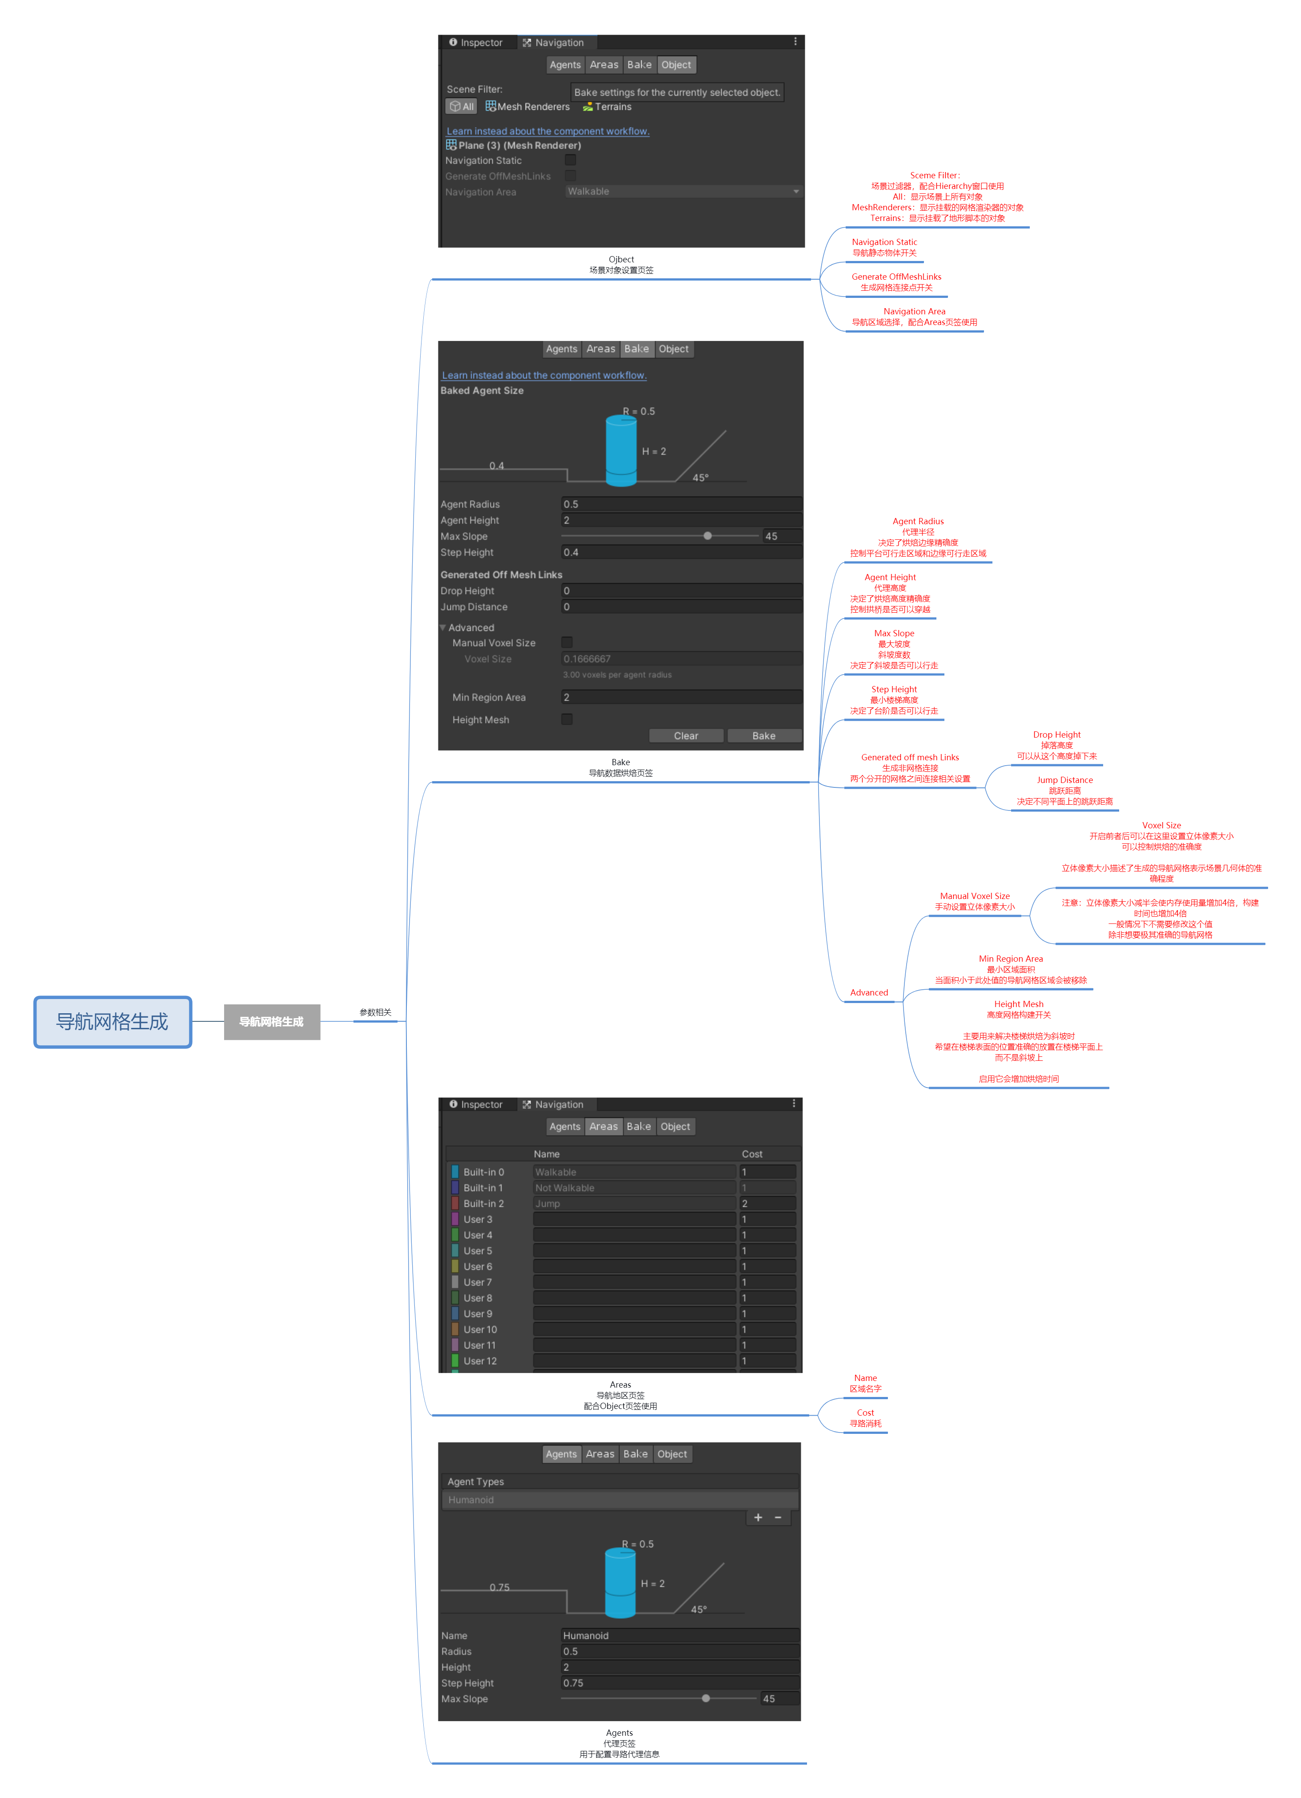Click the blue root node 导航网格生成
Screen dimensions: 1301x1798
112,1021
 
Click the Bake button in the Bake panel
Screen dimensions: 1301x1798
763,736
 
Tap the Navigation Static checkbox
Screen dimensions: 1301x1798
570,160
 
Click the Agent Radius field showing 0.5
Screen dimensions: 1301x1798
681,504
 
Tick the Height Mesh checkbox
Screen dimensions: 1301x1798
567,719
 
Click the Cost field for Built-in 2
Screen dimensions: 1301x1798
767,1204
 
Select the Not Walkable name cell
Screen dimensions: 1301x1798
634,1188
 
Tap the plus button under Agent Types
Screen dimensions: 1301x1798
758,1517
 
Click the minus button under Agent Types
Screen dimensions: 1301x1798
778,1517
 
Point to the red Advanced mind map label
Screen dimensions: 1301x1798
869,992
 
